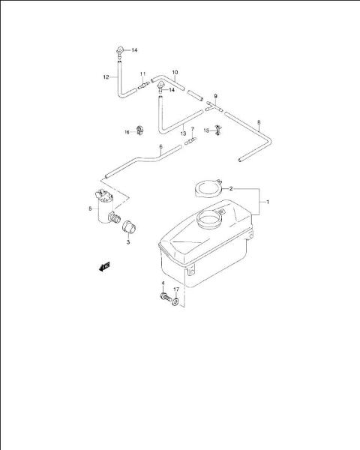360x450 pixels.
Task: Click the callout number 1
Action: (x=268, y=202)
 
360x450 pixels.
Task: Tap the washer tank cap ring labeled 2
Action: (x=209, y=188)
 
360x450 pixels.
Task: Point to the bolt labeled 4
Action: (x=166, y=297)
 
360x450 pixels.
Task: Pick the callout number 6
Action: (x=160, y=147)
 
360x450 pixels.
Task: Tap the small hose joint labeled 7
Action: (x=190, y=141)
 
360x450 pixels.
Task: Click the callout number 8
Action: (x=259, y=122)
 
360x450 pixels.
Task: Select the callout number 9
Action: (x=215, y=96)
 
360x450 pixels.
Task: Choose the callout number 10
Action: (x=175, y=72)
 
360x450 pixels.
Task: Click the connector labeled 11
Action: (x=143, y=85)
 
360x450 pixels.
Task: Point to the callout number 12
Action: (x=106, y=77)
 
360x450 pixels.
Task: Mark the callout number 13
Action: (x=183, y=133)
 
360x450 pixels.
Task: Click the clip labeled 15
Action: (x=218, y=130)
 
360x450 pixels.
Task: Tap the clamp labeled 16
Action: (x=140, y=130)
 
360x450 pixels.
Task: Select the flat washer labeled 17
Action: (x=175, y=301)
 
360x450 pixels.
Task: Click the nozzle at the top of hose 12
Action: (x=119, y=52)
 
